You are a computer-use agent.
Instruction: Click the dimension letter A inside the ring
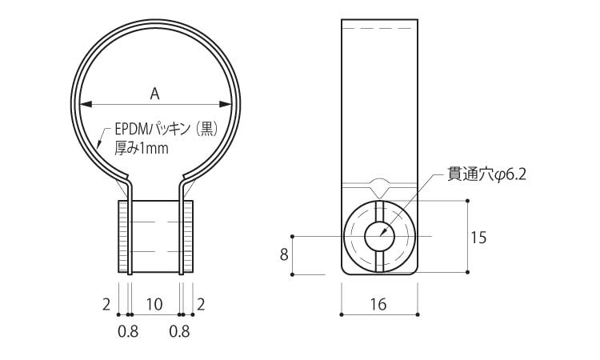(x=155, y=94)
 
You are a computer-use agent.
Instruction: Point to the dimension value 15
(x=479, y=237)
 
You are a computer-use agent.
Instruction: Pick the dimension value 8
(x=283, y=255)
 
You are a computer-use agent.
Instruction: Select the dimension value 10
(x=154, y=303)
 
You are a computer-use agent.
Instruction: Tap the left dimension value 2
(x=106, y=303)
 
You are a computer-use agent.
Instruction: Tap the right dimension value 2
(x=201, y=303)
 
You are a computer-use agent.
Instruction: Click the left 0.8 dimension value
(x=128, y=331)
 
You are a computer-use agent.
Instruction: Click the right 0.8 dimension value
(x=179, y=331)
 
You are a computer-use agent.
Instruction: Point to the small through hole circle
(x=379, y=237)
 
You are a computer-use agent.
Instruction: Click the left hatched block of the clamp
(x=122, y=237)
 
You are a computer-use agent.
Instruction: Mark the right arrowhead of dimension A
(x=226, y=103)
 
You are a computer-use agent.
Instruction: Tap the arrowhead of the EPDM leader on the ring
(x=98, y=144)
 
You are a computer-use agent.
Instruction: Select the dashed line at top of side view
(x=379, y=29)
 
